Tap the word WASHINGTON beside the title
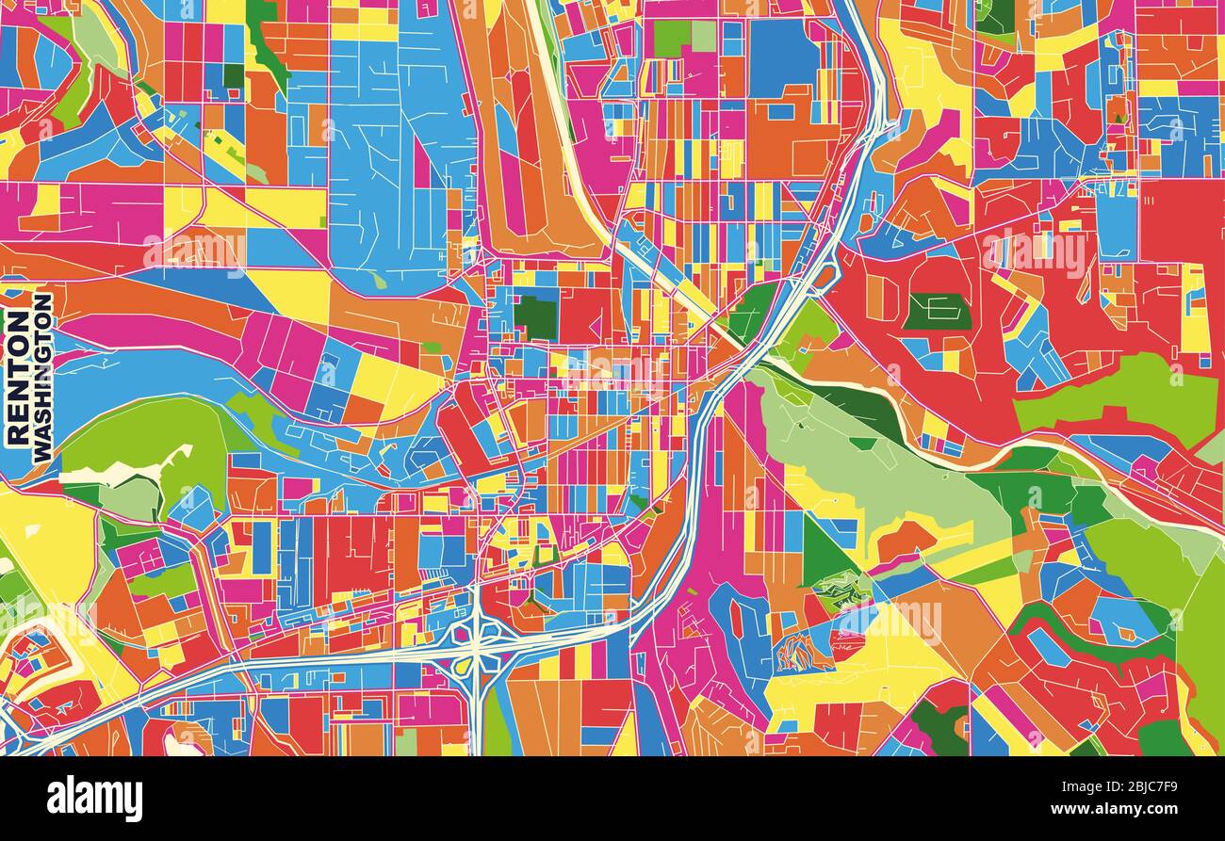42,377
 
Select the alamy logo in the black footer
94,799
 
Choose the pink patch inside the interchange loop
462,633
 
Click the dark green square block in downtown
535,317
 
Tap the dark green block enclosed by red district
936,311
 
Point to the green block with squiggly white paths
841,589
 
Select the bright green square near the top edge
671,38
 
